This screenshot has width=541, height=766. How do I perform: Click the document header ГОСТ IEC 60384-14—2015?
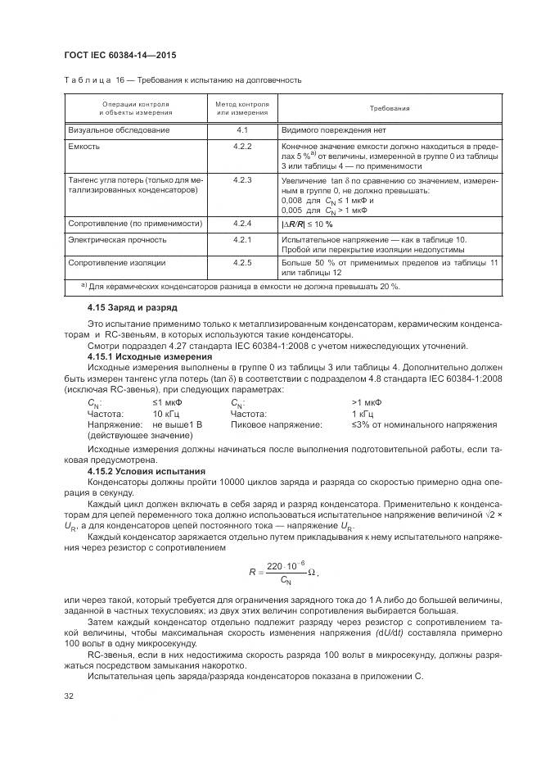[x=119, y=55]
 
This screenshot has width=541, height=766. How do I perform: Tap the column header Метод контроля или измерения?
[x=242, y=109]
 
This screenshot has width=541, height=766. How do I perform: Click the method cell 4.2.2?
[x=242, y=147]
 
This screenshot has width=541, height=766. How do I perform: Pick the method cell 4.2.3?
[x=242, y=179]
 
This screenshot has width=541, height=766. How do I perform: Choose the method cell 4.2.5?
[x=242, y=263]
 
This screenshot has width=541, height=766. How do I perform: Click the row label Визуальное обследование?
[x=119, y=130]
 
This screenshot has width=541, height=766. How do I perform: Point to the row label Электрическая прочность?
[x=118, y=240]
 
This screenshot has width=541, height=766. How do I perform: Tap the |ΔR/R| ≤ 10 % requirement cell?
[x=306, y=224]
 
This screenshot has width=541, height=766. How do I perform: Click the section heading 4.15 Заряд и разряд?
[x=132, y=307]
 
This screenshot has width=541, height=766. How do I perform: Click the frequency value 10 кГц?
[x=167, y=414]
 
